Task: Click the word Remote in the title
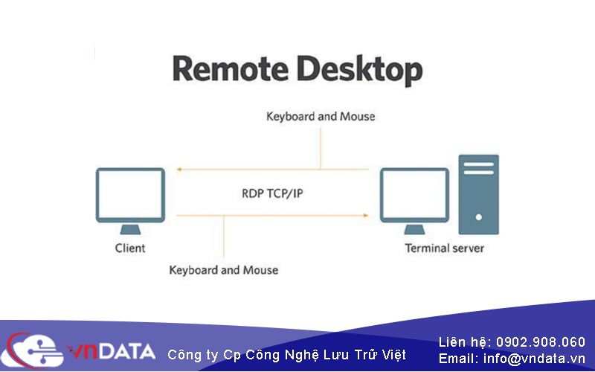tap(230, 68)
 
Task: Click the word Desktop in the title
tap(360, 71)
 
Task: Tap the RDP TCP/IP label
tap(272, 193)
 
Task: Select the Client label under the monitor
tap(130, 248)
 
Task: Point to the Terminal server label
tap(444, 248)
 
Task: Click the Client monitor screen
tap(130, 195)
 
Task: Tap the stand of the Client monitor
tap(130, 229)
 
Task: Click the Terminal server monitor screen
tap(414, 195)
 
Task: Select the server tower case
tap(478, 194)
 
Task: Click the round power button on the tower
tap(478, 217)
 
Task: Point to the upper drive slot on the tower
tap(478, 164)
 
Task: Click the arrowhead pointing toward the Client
tap(179, 170)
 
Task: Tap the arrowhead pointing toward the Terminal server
tap(365, 216)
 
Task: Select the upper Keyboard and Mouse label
tap(321, 116)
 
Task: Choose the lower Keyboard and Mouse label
tap(224, 270)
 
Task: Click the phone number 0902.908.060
tap(541, 342)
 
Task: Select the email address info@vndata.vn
tap(534, 359)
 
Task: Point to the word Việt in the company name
tap(393, 355)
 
